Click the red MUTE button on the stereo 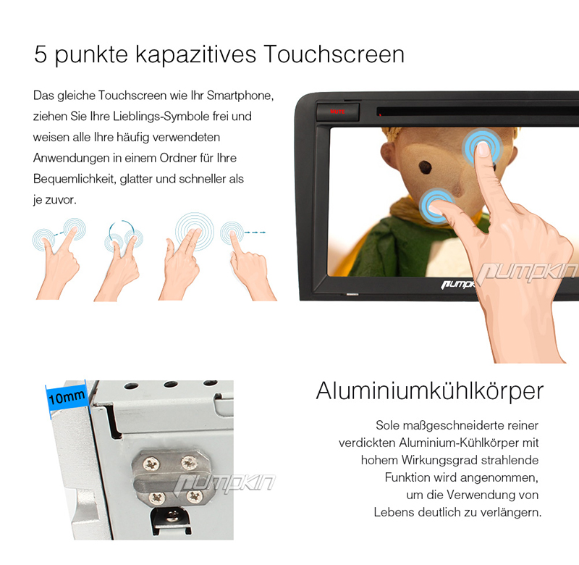coord(338,112)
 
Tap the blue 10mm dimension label coord(67,397)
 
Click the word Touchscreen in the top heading coord(334,54)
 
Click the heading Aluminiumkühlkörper coord(430,391)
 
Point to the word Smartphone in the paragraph coord(240,96)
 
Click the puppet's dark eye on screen coord(426,167)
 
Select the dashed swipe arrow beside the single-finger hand coord(255,233)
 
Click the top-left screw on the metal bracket coord(151,464)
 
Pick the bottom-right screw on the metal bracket coord(193,496)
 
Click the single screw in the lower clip coord(172,516)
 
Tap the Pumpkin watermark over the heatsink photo coord(224,482)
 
